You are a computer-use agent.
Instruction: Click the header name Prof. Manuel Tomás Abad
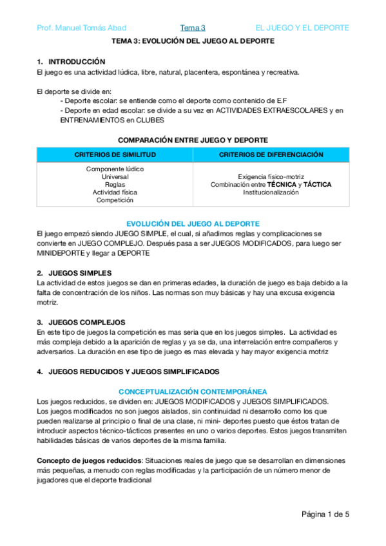coord(81,28)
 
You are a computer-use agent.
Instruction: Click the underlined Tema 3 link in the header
coord(193,28)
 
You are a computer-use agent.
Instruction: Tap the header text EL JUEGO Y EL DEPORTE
coord(302,28)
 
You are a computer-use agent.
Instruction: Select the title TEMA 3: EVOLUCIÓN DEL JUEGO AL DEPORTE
coord(193,41)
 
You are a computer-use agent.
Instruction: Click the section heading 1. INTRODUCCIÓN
coord(71,62)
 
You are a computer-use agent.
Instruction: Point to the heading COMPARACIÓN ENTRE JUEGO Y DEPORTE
coord(193,140)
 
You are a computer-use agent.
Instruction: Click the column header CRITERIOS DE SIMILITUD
coord(115,155)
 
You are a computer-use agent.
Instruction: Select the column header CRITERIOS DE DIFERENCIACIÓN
coord(271,155)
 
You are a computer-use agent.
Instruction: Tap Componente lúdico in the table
coord(115,169)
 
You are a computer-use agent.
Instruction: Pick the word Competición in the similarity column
coord(115,200)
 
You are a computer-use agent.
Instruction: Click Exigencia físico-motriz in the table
coord(271,176)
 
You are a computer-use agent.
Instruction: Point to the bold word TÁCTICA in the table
coord(318,185)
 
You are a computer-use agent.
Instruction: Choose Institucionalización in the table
coord(271,193)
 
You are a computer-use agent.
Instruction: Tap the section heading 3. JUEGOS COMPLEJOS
coord(81,322)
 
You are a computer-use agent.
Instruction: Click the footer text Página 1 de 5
coord(325,514)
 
